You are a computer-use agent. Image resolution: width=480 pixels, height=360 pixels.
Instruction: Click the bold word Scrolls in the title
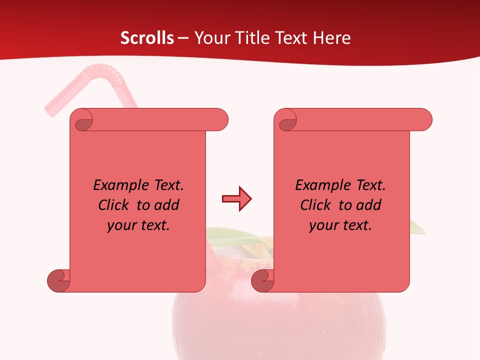(147, 37)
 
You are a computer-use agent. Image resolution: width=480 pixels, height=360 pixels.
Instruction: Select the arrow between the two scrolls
(236, 199)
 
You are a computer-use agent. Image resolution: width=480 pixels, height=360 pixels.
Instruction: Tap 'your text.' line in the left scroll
(138, 225)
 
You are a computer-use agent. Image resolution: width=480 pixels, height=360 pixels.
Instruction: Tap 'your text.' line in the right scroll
(340, 225)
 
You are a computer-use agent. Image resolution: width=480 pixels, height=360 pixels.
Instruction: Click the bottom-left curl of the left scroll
(58, 281)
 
